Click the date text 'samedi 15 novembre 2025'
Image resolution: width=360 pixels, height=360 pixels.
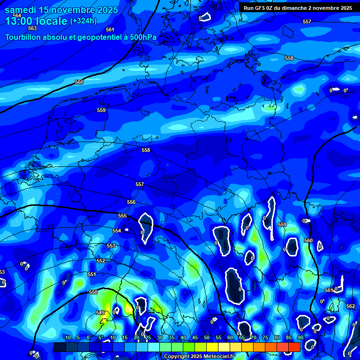61,10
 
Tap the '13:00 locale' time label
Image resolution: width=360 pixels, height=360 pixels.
37,21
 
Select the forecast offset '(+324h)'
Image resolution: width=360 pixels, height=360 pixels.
83,21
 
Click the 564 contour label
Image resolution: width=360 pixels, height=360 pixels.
17,15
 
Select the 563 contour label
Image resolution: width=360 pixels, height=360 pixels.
32,28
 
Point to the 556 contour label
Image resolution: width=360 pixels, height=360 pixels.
131,202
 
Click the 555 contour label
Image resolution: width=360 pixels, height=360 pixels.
122,216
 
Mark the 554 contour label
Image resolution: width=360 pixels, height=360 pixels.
117,231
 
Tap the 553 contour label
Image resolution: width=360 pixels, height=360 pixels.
111,246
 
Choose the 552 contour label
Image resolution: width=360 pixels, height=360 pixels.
101,261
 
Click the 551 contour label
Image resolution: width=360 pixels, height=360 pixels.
91,275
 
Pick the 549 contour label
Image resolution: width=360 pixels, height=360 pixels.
100,313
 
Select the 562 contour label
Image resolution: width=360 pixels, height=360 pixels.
350,306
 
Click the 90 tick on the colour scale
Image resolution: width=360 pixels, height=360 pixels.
300,337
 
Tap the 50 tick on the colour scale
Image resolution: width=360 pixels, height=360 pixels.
207,337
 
